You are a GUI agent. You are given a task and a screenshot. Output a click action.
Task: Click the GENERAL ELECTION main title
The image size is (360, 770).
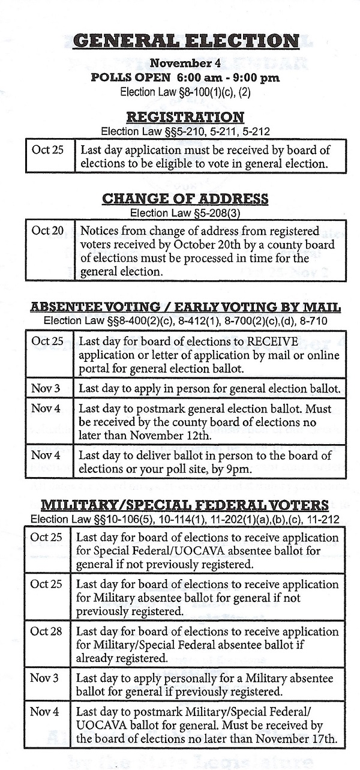[x=185, y=41]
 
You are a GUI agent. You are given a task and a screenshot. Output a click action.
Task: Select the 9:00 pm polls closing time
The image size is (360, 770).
[x=256, y=77]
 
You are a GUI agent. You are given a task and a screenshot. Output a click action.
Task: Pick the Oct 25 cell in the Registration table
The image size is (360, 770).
[x=47, y=149]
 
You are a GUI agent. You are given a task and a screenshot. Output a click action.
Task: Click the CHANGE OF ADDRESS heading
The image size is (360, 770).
[x=185, y=199]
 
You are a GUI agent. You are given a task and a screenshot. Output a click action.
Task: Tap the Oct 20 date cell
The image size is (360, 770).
[x=47, y=230]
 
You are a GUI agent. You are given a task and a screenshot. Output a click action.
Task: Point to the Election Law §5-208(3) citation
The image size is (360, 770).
[x=185, y=212]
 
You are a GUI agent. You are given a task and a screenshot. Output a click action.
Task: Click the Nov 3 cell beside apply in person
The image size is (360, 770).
[x=47, y=388]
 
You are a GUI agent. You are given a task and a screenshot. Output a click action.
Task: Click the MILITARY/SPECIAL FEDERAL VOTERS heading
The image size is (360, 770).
[x=185, y=505]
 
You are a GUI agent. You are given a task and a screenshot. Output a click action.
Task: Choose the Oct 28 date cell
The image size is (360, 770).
[x=46, y=631]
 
